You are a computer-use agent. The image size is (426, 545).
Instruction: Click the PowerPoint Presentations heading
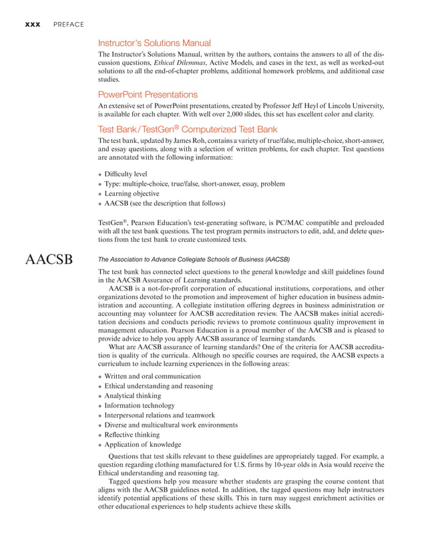148,94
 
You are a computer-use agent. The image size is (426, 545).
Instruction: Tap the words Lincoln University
354,106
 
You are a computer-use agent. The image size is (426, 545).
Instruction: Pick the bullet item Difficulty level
127,174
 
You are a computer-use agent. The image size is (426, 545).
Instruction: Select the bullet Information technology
140,405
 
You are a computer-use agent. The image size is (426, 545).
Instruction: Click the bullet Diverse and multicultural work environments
171,425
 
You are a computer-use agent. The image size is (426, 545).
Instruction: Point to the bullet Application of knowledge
143,444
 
